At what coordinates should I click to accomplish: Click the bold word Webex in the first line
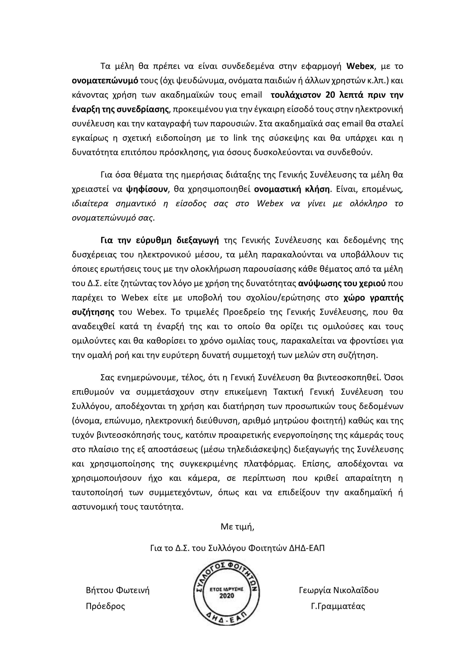point(360,66)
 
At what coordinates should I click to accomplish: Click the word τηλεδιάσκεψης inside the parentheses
point(267,449)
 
